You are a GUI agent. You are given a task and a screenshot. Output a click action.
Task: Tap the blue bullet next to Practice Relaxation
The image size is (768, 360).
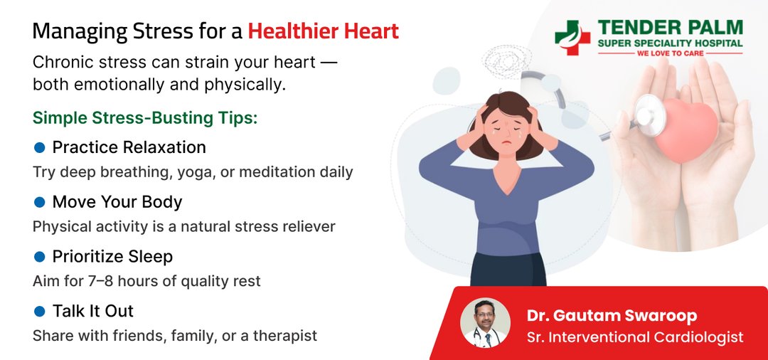pyautogui.click(x=40, y=147)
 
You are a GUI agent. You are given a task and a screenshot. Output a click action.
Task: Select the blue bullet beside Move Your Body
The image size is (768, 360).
pyautogui.click(x=40, y=202)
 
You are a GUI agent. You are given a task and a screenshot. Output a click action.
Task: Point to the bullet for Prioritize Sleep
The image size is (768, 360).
pyautogui.click(x=40, y=257)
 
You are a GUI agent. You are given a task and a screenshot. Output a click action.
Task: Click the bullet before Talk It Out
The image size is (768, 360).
pyautogui.click(x=40, y=311)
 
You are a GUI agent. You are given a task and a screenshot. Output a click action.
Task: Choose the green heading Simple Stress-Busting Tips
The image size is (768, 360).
pyautogui.click(x=145, y=118)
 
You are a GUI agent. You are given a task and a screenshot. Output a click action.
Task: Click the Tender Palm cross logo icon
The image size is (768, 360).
pyautogui.click(x=572, y=38)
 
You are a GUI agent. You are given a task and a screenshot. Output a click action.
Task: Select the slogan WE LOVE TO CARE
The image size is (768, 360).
pyautogui.click(x=670, y=53)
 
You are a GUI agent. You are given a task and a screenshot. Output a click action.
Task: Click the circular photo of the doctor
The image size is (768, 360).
pyautogui.click(x=485, y=323)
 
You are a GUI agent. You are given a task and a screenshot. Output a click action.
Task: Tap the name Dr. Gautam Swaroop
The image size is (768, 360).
pyautogui.click(x=612, y=316)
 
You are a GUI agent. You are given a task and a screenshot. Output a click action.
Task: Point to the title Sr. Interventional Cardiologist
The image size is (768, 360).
pyautogui.click(x=635, y=337)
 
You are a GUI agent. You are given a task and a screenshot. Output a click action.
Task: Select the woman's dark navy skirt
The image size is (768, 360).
pyautogui.click(x=508, y=270)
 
